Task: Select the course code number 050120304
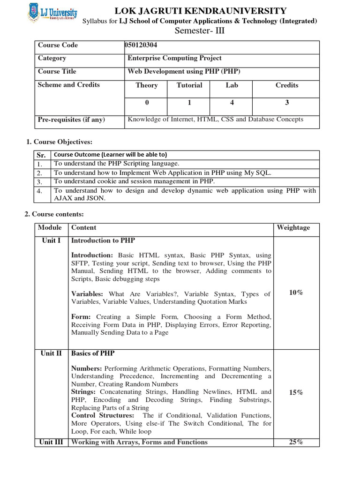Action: click(x=144, y=45)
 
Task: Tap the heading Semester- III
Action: click(x=198, y=31)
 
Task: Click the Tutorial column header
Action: click(x=189, y=85)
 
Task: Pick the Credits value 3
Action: click(x=287, y=103)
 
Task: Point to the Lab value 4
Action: click(x=232, y=103)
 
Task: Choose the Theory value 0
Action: click(x=147, y=103)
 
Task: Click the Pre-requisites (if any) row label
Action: click(x=71, y=120)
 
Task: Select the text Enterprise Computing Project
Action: click(x=175, y=58)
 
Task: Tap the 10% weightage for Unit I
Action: click(x=296, y=292)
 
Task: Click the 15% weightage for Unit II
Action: click(x=296, y=393)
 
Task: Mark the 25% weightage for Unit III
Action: click(x=296, y=442)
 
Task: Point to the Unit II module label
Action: click(x=51, y=353)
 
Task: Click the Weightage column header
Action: click(x=293, y=228)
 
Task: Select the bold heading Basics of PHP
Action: click(x=93, y=353)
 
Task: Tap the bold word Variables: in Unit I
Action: click(x=87, y=294)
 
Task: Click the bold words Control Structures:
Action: click(x=102, y=415)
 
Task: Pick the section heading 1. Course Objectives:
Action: click(x=59, y=142)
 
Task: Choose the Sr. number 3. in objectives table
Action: click(x=40, y=181)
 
